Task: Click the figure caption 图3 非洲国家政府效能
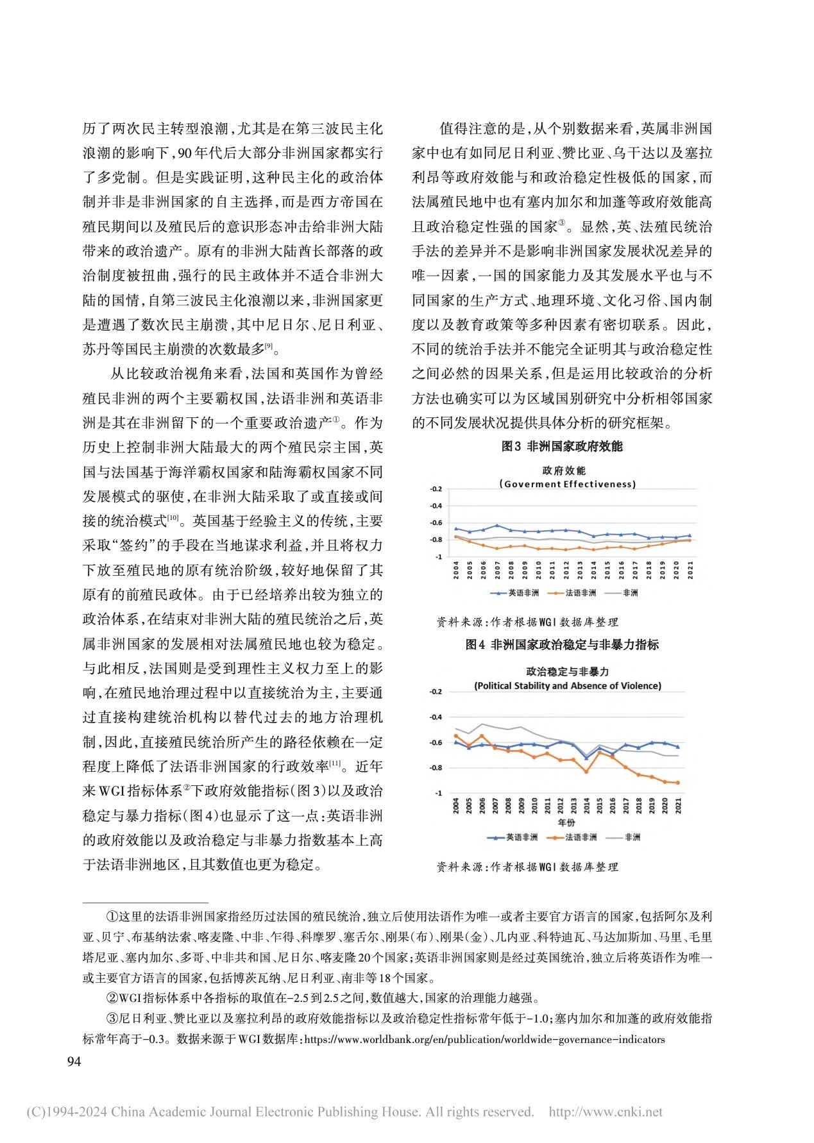tap(561, 446)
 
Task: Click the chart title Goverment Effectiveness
tap(567, 484)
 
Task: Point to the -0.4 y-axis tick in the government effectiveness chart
tap(436, 506)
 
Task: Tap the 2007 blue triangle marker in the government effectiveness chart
tap(497, 526)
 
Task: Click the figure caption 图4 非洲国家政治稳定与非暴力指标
tap(561, 644)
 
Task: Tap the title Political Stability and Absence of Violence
tap(568, 685)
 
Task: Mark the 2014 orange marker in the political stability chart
tap(586, 771)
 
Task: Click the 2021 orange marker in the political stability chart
tap(677, 783)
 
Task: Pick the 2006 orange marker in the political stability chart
tap(482, 736)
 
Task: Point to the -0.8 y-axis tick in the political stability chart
tap(436, 768)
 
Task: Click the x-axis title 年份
tap(566, 822)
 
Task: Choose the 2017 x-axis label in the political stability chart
tap(626, 806)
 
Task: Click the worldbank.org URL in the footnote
tap(484, 1039)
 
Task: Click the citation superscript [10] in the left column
tap(173, 518)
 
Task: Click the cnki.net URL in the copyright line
tap(606, 1112)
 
